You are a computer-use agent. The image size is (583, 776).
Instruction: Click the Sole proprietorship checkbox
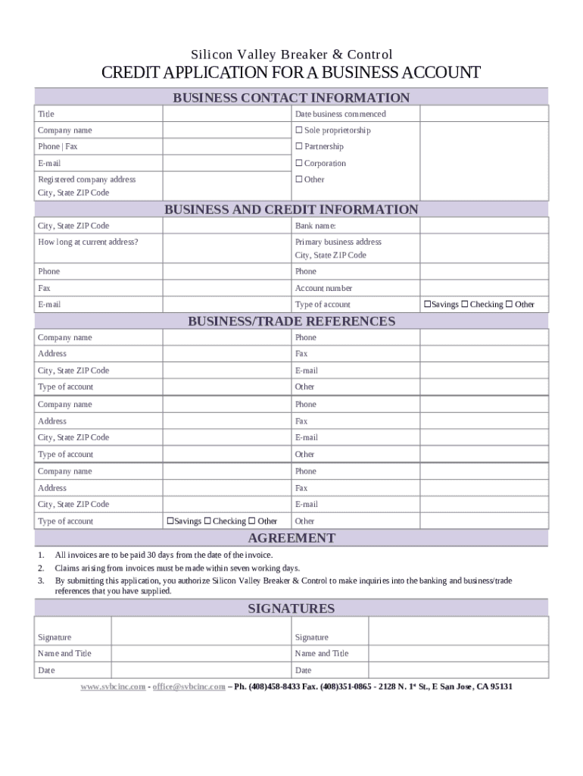click(299, 130)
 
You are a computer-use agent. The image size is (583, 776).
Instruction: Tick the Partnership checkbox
click(299, 146)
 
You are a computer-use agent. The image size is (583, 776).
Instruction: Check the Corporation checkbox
click(299, 163)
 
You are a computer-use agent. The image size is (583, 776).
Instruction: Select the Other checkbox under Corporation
click(299, 180)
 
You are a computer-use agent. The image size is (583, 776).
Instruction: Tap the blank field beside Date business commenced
click(484, 114)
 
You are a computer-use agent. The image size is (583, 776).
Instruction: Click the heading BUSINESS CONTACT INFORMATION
click(291, 98)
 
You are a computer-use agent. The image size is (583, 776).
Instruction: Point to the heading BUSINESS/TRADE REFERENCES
click(291, 321)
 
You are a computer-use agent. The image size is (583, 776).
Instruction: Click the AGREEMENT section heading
click(291, 538)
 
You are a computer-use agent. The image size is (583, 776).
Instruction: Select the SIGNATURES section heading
click(291, 609)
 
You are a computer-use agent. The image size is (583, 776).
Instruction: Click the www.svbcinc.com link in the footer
click(113, 687)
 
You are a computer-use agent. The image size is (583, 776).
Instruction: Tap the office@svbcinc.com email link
click(189, 687)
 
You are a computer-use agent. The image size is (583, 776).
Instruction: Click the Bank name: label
click(315, 226)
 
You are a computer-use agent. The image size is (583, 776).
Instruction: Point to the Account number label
click(323, 288)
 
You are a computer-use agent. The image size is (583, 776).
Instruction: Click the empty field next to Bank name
click(484, 226)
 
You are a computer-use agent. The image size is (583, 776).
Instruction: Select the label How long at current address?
click(88, 242)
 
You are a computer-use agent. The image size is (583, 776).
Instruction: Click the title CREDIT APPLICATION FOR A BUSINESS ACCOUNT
click(291, 74)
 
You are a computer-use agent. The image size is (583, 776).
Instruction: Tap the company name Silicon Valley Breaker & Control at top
click(291, 55)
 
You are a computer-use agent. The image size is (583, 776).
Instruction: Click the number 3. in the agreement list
click(41, 581)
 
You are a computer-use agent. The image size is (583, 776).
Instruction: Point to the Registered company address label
click(87, 180)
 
